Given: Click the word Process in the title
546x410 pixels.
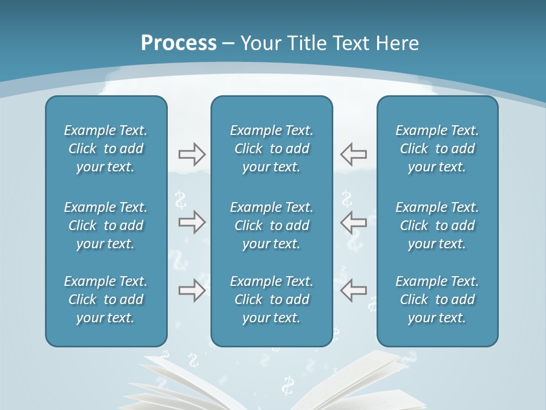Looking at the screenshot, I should [x=179, y=43].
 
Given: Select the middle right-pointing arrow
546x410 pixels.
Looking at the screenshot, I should [x=192, y=222].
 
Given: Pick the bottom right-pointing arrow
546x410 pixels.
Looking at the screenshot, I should [x=192, y=290].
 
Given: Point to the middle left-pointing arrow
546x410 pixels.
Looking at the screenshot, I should [x=354, y=222].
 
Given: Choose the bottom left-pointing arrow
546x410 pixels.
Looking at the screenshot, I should [x=354, y=290].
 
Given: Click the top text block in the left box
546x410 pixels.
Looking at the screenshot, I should [x=106, y=149].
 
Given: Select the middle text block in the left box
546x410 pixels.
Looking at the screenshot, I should [x=106, y=225].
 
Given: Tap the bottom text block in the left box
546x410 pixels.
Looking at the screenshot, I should [x=106, y=300].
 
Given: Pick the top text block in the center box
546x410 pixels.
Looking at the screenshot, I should [x=272, y=149].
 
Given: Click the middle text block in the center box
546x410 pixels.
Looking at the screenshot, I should [x=272, y=225].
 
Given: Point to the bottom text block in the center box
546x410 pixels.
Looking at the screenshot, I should [x=272, y=300].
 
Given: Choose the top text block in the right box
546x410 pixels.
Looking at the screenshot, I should [x=437, y=149].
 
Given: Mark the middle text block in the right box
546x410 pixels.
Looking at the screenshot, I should [x=437, y=225].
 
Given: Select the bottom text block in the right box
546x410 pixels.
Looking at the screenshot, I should [x=437, y=300].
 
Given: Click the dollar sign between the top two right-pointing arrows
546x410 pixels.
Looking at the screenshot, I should [x=181, y=200].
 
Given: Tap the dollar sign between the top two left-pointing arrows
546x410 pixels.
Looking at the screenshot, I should [x=346, y=199].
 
